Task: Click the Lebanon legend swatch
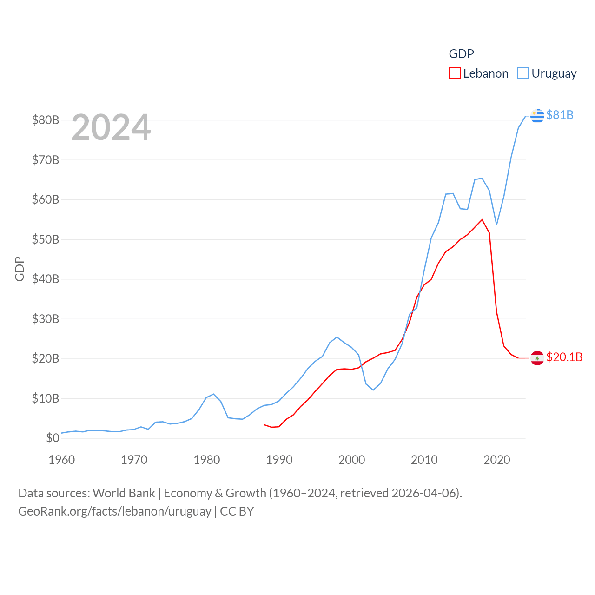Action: [x=455, y=73]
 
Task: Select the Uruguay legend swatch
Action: [x=523, y=73]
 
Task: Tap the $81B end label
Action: [x=560, y=115]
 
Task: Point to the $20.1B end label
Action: [x=564, y=357]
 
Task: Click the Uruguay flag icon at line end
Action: [x=537, y=115]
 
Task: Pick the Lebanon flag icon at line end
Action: [x=537, y=358]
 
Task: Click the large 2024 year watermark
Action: [x=111, y=127]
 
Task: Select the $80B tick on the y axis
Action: [x=46, y=120]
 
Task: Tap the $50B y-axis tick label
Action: [x=46, y=239]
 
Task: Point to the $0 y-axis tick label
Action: [x=53, y=438]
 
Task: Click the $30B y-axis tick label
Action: [x=46, y=319]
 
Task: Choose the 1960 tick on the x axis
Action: [x=62, y=460]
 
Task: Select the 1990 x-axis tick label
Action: [x=279, y=460]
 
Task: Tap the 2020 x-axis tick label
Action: [x=497, y=460]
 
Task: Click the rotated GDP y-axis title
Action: [x=20, y=269]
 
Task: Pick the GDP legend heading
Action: [x=461, y=54]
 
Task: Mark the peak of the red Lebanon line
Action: [x=482, y=220]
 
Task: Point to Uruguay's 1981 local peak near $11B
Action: [x=213, y=394]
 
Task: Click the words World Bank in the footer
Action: [x=124, y=493]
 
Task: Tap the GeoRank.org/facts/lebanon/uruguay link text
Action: [x=115, y=511]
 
